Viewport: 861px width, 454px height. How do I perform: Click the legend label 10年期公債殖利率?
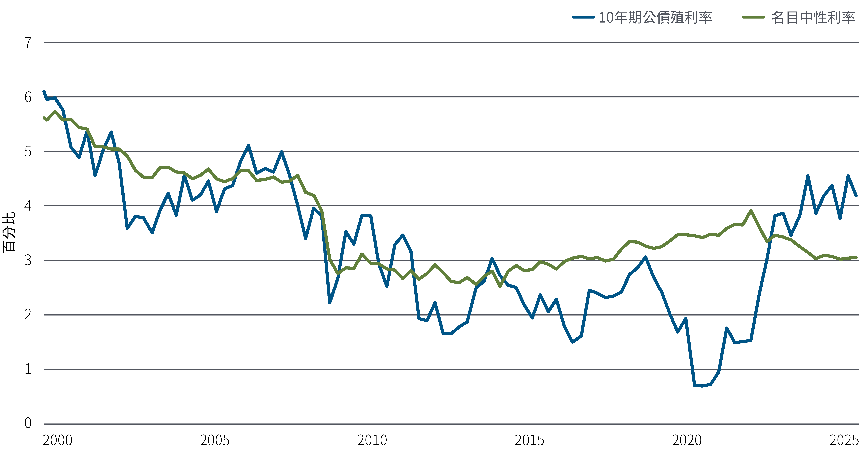click(x=655, y=17)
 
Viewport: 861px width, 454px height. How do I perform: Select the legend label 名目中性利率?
click(x=813, y=17)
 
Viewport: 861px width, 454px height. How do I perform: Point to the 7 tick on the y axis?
click(x=28, y=43)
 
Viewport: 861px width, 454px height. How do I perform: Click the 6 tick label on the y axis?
click(x=28, y=97)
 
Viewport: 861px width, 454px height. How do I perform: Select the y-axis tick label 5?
click(x=28, y=152)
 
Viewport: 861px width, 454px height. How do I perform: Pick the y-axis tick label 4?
click(x=28, y=206)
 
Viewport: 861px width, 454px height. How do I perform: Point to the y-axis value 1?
click(x=28, y=369)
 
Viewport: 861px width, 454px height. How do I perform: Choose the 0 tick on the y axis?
click(x=28, y=423)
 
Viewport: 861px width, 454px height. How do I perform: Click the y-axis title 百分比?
click(x=9, y=232)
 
